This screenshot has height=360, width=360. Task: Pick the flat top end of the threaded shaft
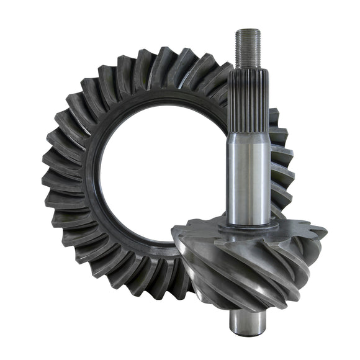tap(248, 30)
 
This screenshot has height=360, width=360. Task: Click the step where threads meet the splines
tap(248, 68)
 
